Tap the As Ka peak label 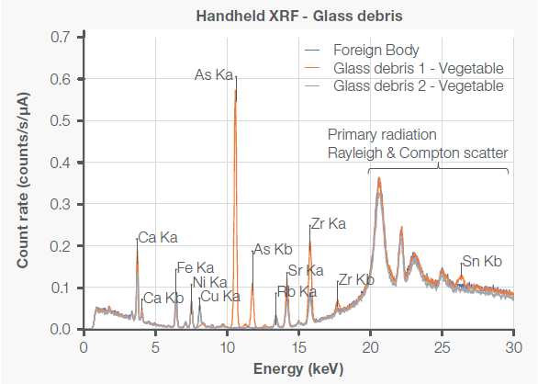pyautogui.click(x=214, y=75)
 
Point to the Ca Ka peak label pyautogui.click(x=157, y=238)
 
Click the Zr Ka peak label pyautogui.click(x=329, y=223)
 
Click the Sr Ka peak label pyautogui.click(x=306, y=270)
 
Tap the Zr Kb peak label pyautogui.click(x=356, y=279)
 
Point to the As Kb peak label pyautogui.click(x=273, y=249)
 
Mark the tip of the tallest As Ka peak pyautogui.click(x=236, y=78)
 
